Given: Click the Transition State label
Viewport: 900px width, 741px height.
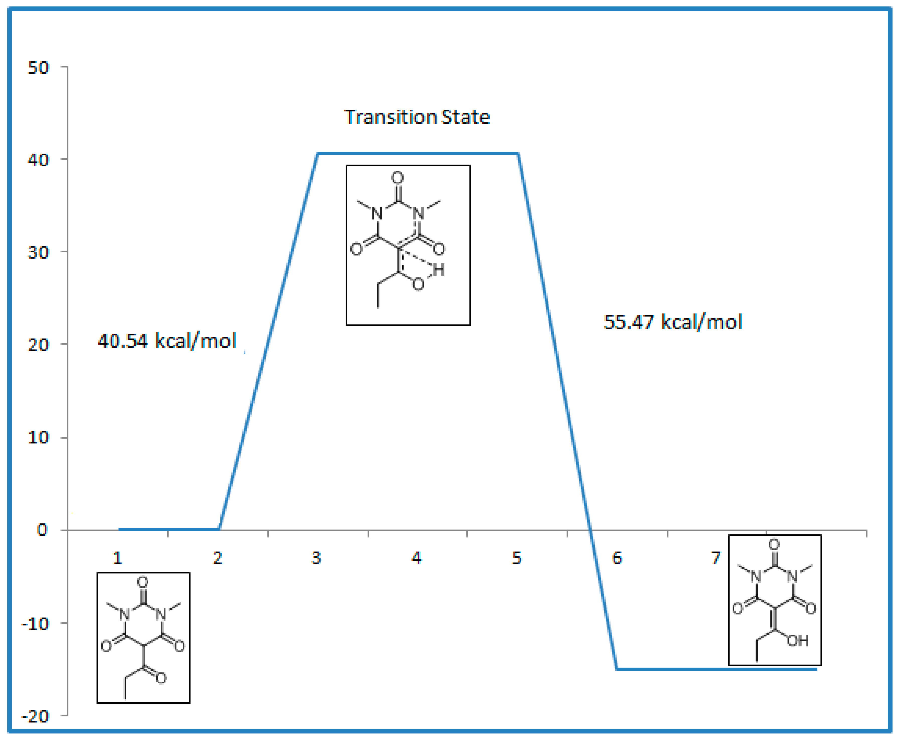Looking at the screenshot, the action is click(x=417, y=117).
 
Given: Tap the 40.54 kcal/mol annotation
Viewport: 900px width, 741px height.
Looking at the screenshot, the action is click(x=167, y=341).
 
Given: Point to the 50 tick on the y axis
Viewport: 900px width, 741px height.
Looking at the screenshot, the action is click(x=38, y=67).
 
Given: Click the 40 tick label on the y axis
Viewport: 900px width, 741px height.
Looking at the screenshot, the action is click(x=38, y=160).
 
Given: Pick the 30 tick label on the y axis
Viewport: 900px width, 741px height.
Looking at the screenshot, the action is click(x=38, y=252).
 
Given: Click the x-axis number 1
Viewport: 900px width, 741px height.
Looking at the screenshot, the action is click(x=117, y=558).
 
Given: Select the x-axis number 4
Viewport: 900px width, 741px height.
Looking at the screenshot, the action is click(x=416, y=558).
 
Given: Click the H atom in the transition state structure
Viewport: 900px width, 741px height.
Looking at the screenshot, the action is click(x=439, y=270).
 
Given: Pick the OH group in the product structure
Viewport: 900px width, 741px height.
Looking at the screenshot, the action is click(x=797, y=640).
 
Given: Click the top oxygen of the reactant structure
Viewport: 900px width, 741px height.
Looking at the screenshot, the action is click(x=143, y=582).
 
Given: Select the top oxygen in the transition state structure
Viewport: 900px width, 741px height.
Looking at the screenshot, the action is click(x=397, y=178).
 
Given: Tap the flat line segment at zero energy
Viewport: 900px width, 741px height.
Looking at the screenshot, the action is click(x=169, y=529).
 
